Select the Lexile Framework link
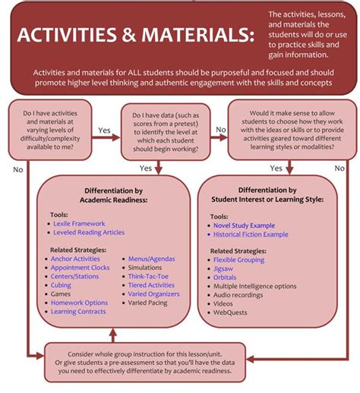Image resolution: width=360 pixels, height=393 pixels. click(78, 224)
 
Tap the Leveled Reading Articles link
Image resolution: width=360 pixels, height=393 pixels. click(89, 233)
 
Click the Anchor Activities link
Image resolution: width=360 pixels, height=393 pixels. click(76, 259)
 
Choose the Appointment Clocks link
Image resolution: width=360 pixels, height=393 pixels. click(81, 268)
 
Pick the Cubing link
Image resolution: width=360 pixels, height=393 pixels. click(62, 285)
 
